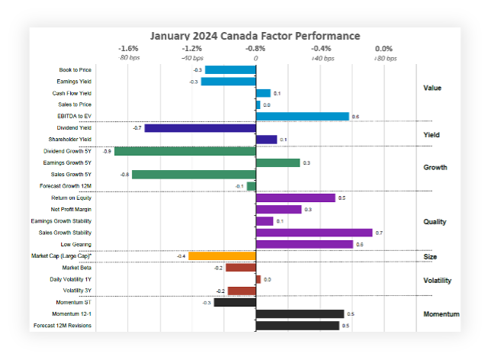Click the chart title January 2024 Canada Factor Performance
click(255, 36)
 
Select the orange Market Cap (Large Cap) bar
click(221, 256)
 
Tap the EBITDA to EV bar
click(302, 117)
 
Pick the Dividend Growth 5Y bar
click(185, 152)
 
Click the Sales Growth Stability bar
click(314, 233)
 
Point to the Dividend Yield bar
click(200, 128)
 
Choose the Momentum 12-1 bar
click(300, 313)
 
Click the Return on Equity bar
click(295, 198)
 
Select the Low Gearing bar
click(304, 244)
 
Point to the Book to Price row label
click(75, 70)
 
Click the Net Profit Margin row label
click(71, 209)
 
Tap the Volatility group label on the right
click(437, 280)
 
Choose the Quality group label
click(435, 222)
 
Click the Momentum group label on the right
click(441, 314)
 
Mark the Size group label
click(430, 257)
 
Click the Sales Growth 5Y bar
click(194, 175)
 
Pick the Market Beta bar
click(240, 268)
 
